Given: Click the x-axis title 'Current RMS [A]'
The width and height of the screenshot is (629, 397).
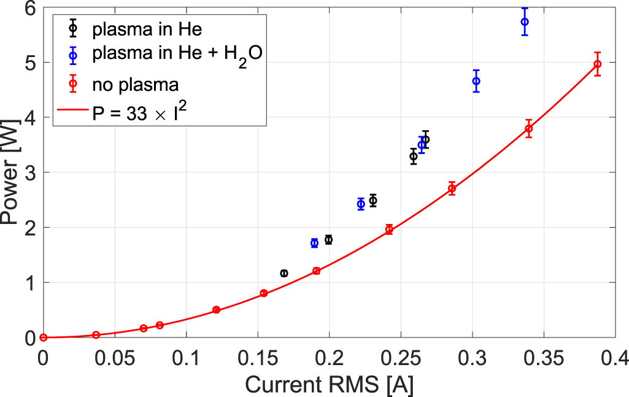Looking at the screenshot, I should (329, 385).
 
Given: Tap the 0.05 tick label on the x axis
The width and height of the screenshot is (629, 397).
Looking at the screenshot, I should (114, 356).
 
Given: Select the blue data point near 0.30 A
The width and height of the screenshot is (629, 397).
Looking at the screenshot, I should (476, 81).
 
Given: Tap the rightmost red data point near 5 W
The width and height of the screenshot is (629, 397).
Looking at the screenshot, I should (598, 64).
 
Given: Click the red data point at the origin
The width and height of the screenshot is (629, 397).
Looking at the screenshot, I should (43, 337).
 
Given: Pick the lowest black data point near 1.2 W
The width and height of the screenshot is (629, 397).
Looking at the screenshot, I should (284, 273).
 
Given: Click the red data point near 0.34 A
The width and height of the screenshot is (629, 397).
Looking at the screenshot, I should (528, 128).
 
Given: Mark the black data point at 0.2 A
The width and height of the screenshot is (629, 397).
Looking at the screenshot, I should (329, 239).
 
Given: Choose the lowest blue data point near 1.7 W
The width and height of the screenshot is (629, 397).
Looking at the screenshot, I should (315, 243).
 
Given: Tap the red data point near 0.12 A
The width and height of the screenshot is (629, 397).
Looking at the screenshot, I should (216, 310).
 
